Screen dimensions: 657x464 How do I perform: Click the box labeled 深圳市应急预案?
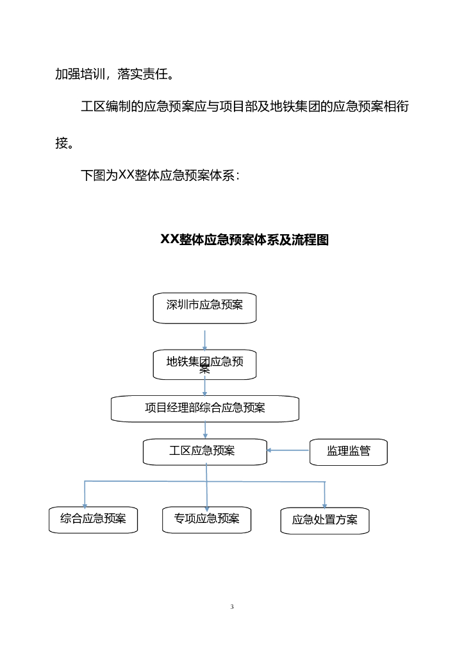click(204, 307)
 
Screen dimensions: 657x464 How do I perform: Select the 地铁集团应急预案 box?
click(204, 364)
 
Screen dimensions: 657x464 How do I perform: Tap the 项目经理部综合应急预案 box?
click(204, 408)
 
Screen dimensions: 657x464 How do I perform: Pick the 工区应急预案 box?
click(204, 451)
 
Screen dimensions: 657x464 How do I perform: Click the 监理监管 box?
click(348, 451)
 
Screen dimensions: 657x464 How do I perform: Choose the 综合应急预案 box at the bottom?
click(94, 519)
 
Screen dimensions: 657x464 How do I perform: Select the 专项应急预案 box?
click(206, 519)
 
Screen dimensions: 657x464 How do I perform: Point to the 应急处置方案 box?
click(325, 520)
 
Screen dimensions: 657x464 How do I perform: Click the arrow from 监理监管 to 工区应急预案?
click(288, 450)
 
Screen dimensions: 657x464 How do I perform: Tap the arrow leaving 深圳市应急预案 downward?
click(204, 339)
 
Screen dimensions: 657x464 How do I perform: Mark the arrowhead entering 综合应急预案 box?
click(85, 506)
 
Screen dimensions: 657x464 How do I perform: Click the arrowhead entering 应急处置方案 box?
click(324, 506)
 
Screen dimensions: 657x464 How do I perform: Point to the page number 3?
click(232, 607)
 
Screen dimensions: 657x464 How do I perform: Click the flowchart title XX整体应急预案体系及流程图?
click(244, 240)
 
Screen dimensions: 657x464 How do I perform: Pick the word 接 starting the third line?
click(62, 143)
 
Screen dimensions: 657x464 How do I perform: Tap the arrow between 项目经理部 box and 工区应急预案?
click(205, 431)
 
